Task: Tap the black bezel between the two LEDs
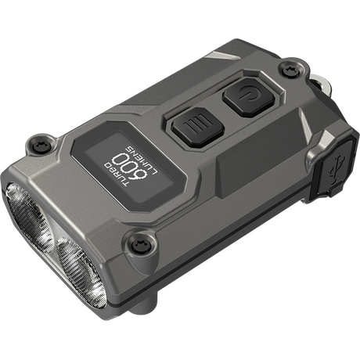53,239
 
